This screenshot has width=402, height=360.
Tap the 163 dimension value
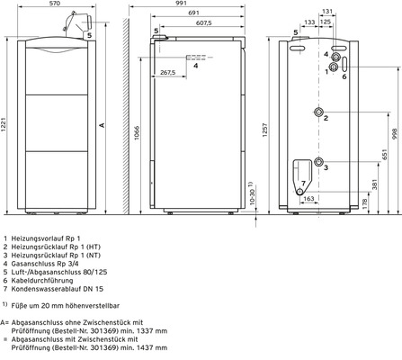pos(308,197)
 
